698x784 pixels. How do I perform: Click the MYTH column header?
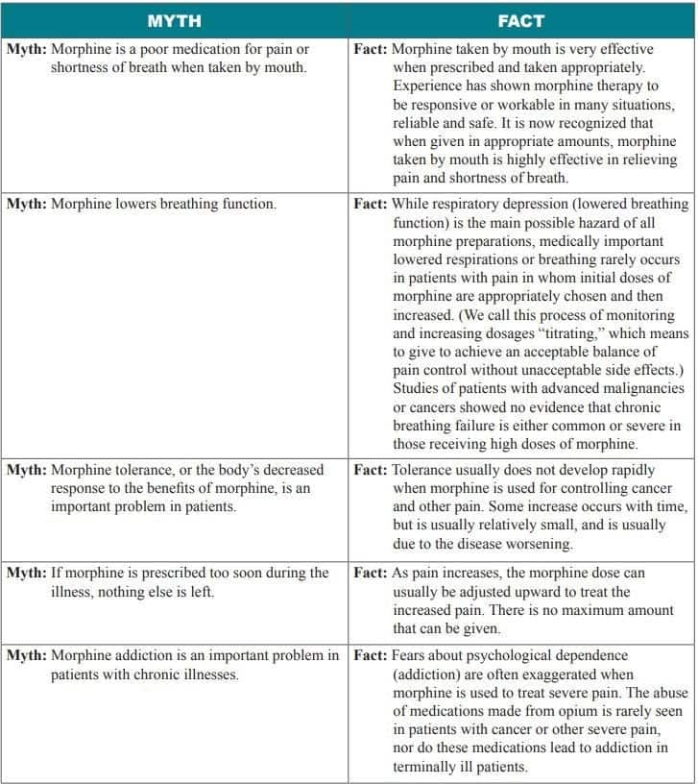pos(174,20)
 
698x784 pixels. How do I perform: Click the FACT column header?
pos(521,20)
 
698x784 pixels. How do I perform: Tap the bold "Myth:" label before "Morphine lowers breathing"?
pos(26,205)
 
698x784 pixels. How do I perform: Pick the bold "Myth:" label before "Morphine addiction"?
pos(26,656)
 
